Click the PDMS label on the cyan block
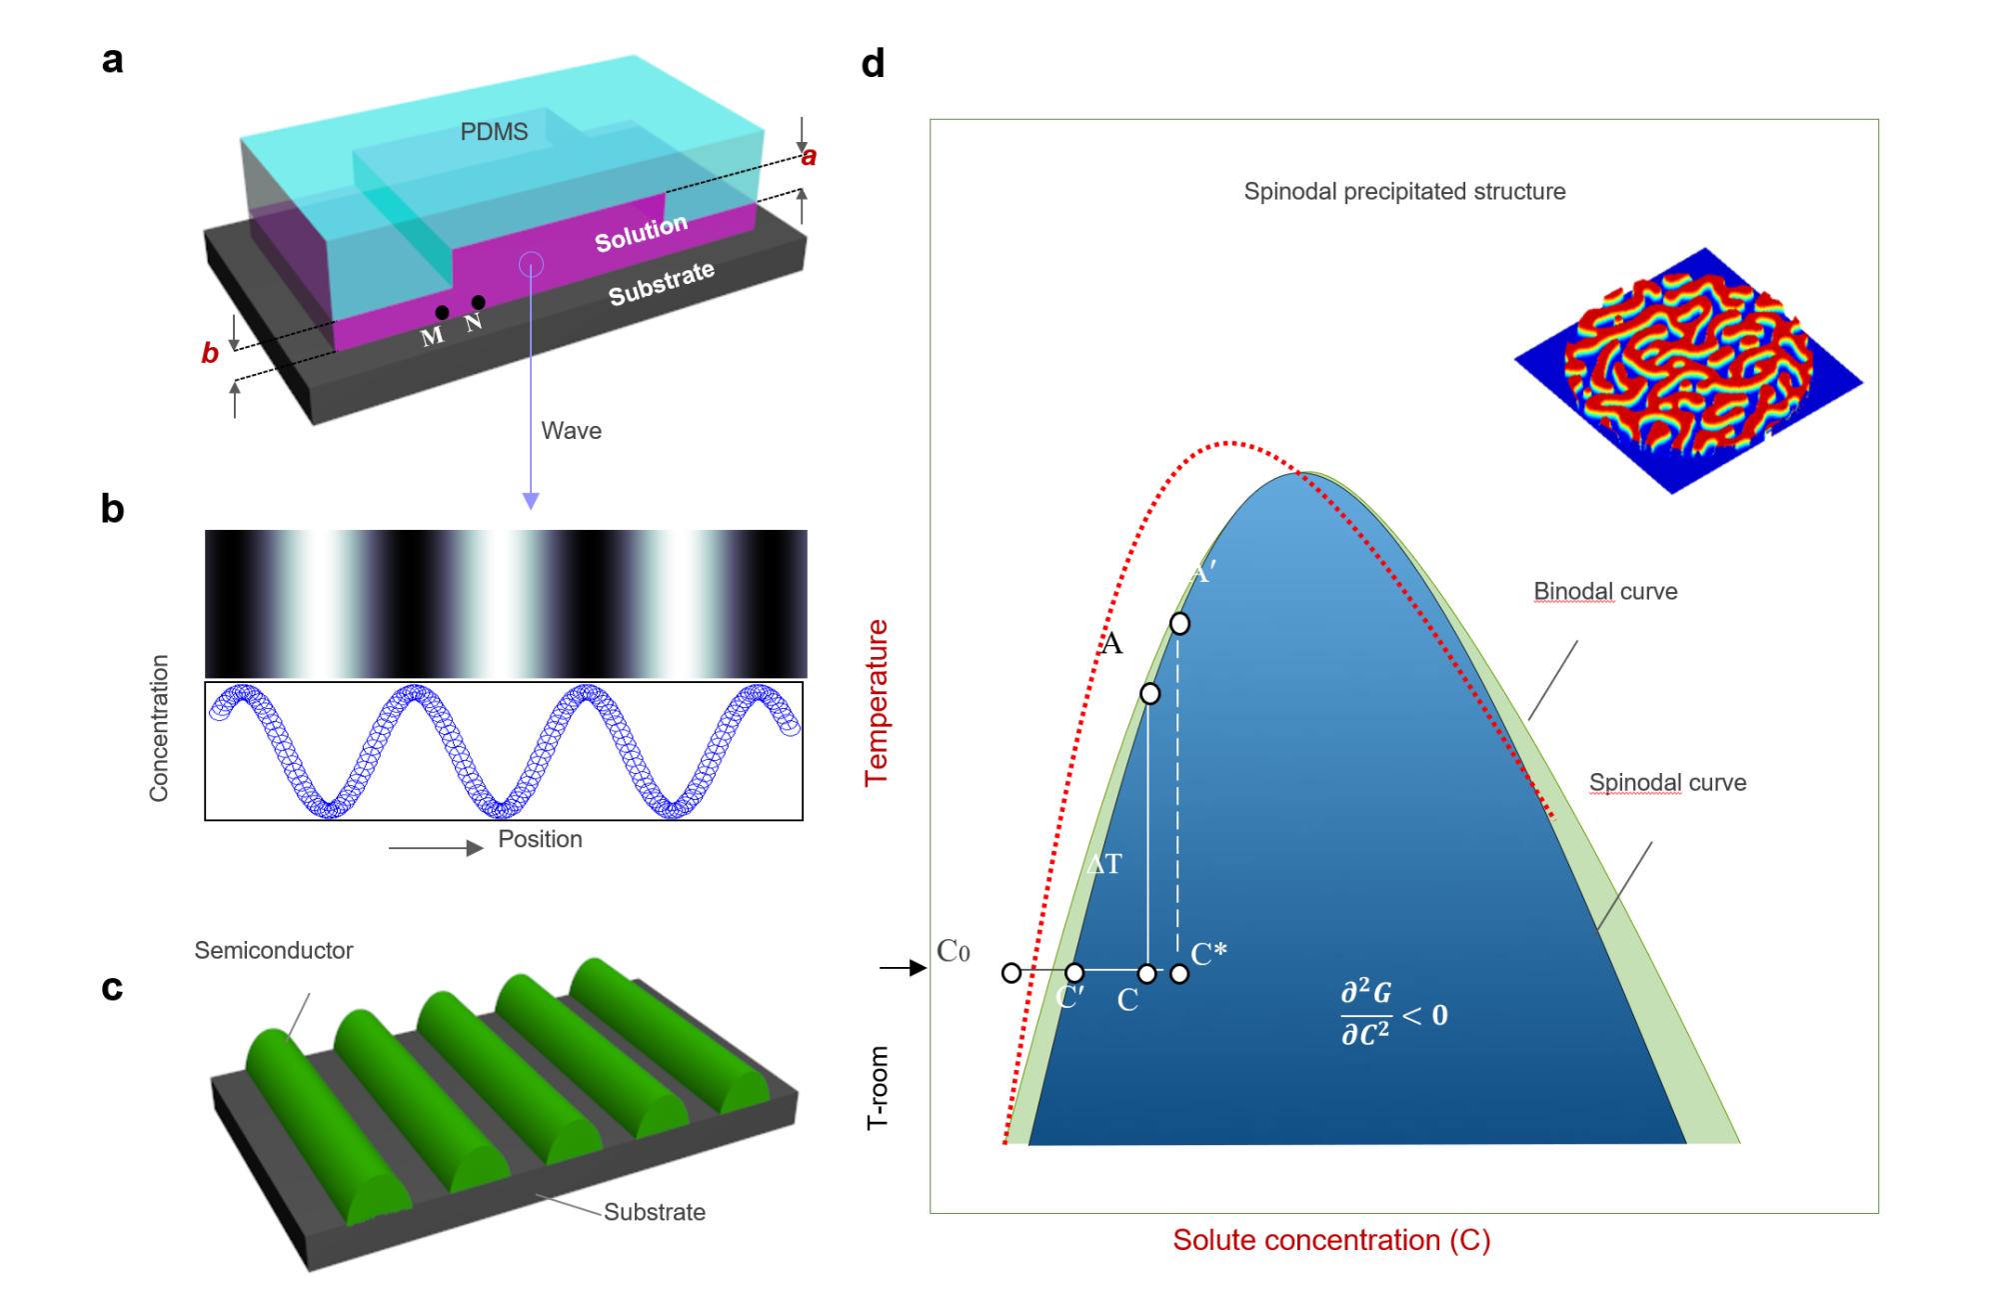tap(494, 132)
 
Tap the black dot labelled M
tap(442, 313)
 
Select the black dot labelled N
tap(479, 302)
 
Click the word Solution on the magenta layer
tap(641, 233)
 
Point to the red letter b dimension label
tap(210, 353)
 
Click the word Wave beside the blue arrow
tap(571, 431)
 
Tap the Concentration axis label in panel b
tap(159, 728)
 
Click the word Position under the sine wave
tap(540, 839)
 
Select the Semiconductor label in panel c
tap(273, 950)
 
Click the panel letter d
tap(873, 65)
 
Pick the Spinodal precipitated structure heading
tap(1404, 191)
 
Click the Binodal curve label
tap(1605, 591)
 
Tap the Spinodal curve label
tap(1667, 782)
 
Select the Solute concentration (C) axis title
tap(1331, 1240)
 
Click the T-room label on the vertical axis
tap(878, 1088)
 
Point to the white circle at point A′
tap(1179, 624)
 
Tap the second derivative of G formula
tap(1393, 1014)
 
